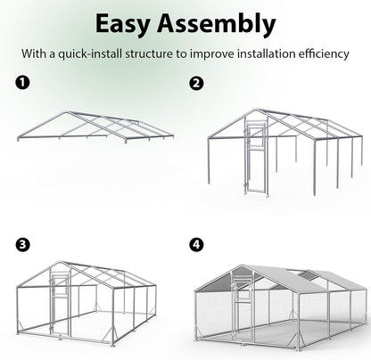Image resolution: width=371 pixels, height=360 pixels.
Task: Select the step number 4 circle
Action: tap(195, 243)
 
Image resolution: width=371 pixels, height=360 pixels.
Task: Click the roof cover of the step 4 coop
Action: tap(294, 276)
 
